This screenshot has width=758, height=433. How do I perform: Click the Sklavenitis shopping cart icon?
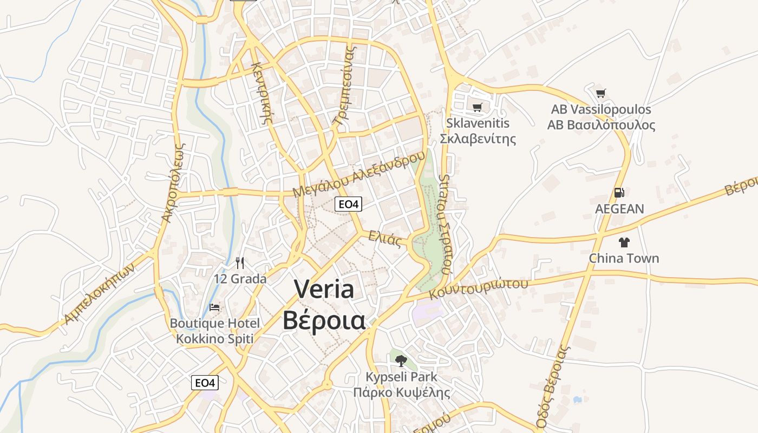click(477, 108)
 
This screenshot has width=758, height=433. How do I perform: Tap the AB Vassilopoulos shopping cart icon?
click(600, 93)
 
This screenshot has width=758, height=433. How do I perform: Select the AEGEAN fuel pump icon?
click(619, 193)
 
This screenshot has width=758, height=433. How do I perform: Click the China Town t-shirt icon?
click(624, 242)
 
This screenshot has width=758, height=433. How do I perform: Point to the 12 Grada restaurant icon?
click(240, 263)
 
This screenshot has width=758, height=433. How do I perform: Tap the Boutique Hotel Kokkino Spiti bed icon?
click(214, 307)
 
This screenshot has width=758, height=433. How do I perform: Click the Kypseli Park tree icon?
click(401, 360)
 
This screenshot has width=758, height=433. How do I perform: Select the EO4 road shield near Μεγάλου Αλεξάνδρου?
click(348, 204)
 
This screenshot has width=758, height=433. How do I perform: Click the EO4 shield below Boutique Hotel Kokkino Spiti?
click(205, 383)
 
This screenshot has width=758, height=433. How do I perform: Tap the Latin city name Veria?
click(324, 289)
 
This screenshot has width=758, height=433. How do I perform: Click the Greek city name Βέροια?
click(324, 320)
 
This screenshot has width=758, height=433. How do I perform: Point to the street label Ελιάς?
click(385, 238)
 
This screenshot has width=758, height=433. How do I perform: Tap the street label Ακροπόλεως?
click(174, 182)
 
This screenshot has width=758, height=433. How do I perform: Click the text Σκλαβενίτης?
click(478, 139)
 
